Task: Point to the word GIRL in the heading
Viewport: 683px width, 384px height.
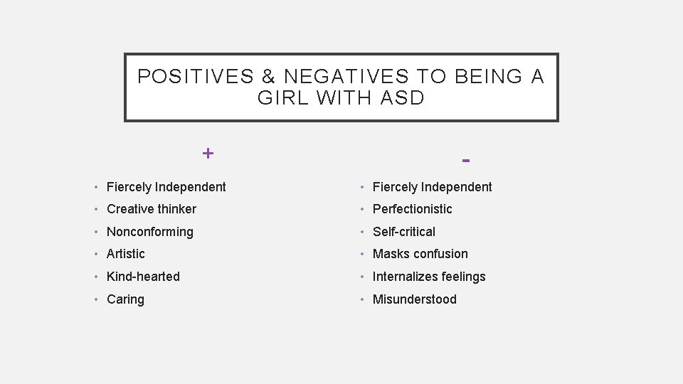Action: pyautogui.click(x=284, y=98)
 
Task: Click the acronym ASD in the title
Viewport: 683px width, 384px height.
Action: pyautogui.click(x=402, y=98)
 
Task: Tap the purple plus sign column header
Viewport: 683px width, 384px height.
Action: pyautogui.click(x=207, y=153)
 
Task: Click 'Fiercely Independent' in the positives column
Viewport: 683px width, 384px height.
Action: pyautogui.click(x=166, y=187)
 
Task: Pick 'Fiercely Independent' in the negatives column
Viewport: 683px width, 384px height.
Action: pyautogui.click(x=432, y=187)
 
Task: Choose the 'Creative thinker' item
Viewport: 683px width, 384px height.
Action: pyautogui.click(x=151, y=209)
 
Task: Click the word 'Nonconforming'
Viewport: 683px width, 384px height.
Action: pyautogui.click(x=149, y=232)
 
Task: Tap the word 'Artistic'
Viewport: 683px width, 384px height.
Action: pyautogui.click(x=125, y=254)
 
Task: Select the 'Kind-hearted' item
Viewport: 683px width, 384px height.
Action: pyautogui.click(x=143, y=277)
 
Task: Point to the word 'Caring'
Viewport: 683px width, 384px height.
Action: pyautogui.click(x=125, y=299)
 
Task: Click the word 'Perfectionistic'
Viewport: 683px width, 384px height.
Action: pyautogui.click(x=412, y=209)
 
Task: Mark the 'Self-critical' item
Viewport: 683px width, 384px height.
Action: pyautogui.click(x=403, y=232)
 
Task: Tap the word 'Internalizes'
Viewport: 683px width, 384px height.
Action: pyautogui.click(x=405, y=277)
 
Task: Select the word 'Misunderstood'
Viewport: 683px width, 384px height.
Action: pyautogui.click(x=414, y=299)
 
